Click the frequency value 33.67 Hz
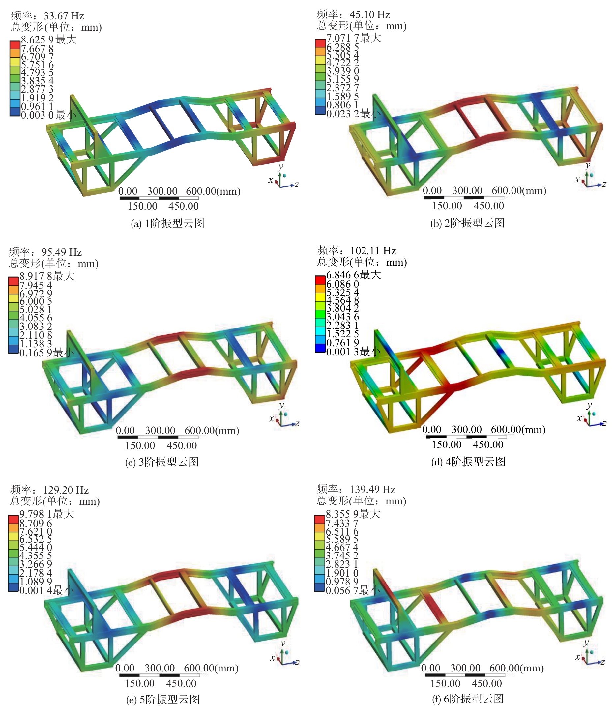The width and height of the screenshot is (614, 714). [x=64, y=16]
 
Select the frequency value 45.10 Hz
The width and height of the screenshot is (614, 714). [x=369, y=14]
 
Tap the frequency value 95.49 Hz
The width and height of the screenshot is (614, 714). [x=62, y=252]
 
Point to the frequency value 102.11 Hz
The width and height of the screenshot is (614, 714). [x=373, y=250]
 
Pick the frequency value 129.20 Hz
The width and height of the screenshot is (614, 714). [x=66, y=490]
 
